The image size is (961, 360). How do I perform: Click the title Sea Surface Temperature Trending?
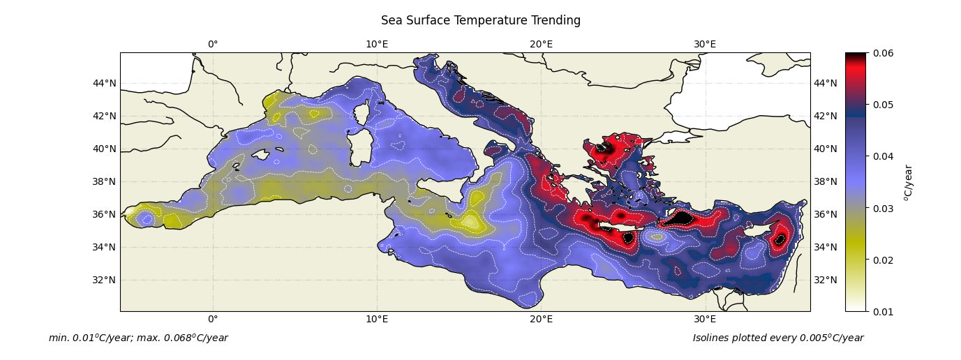(x=480, y=20)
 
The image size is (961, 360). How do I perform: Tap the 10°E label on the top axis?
(x=377, y=44)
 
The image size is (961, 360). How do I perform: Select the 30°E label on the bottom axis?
(x=705, y=319)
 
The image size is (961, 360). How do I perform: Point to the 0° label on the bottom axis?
(x=213, y=319)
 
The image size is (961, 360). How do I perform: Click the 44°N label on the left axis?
(x=104, y=83)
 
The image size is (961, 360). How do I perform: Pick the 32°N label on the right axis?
(x=826, y=280)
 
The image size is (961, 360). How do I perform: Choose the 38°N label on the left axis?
(x=104, y=181)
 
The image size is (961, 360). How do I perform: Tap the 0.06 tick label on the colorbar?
(x=883, y=53)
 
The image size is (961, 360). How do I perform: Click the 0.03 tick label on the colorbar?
(x=883, y=209)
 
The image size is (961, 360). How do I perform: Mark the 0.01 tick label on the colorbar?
(x=883, y=312)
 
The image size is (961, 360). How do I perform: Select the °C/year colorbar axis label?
(x=908, y=183)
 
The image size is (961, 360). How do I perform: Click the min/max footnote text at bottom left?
(x=138, y=338)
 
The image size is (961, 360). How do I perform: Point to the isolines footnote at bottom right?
(x=778, y=338)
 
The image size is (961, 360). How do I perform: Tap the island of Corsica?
(x=362, y=114)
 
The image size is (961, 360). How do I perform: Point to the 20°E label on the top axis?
(x=541, y=44)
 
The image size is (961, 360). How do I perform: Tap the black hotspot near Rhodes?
(x=680, y=218)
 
